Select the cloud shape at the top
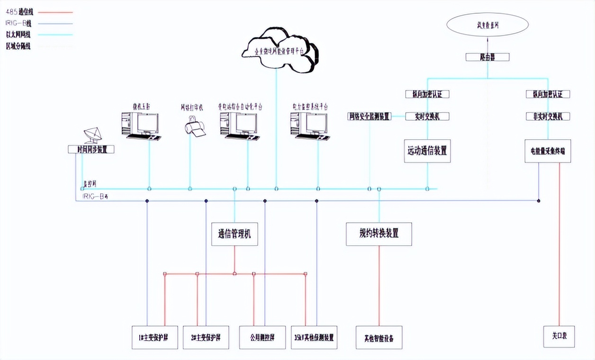tap(279, 50)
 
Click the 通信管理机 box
tap(234, 234)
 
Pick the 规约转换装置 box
tap(379, 234)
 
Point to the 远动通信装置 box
tap(427, 151)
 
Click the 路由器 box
tap(487, 57)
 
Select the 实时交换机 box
tap(427, 117)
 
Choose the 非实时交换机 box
tap(548, 117)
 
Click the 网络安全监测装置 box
tap(370, 117)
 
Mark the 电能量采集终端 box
tap(548, 151)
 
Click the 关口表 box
tap(559, 337)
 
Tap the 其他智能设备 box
tap(379, 338)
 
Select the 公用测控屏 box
tap(262, 338)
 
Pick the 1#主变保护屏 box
tap(155, 338)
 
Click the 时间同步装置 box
tap(91, 149)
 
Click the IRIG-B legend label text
tap(18, 23)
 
